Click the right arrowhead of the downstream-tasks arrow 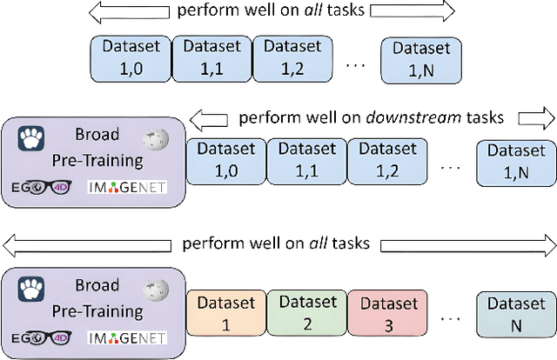[x=530, y=117]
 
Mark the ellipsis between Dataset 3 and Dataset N [x=447, y=318]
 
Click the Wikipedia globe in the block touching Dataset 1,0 [x=156, y=139]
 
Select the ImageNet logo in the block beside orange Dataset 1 [x=126, y=338]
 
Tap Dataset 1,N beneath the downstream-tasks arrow [x=516, y=160]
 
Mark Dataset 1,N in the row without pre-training [x=420, y=57]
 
